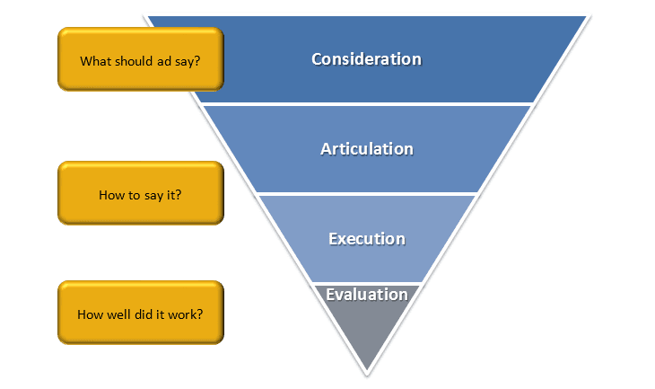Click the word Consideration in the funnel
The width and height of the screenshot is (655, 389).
[x=366, y=59]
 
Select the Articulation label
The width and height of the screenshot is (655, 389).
[x=366, y=148]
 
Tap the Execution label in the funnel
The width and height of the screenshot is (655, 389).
[x=366, y=239]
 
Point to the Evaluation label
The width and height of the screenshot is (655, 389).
[x=366, y=295]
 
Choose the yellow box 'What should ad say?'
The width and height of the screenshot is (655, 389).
[x=140, y=59]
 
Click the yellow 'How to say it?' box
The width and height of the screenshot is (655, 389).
[x=140, y=193]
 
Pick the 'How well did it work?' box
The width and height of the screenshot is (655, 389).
[x=140, y=314]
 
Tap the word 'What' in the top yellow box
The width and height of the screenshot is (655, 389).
[x=95, y=62]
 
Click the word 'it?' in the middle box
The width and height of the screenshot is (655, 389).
[x=173, y=195]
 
